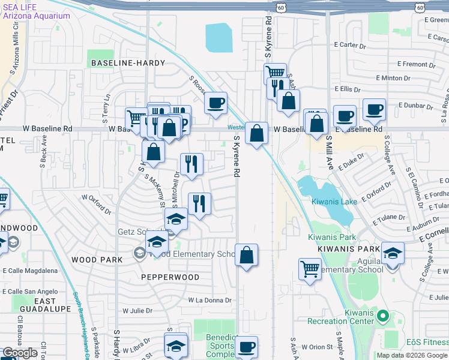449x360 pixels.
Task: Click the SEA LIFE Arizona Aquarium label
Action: (x=36, y=10)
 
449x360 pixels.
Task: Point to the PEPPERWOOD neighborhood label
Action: (x=170, y=277)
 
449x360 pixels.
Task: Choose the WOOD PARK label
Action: (x=97, y=260)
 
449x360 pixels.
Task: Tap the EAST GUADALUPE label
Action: (x=36, y=304)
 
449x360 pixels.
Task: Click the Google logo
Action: (x=20, y=353)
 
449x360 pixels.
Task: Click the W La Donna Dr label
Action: (x=209, y=300)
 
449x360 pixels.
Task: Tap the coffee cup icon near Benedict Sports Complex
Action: (x=246, y=346)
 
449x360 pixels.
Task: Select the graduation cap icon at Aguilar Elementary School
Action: (x=393, y=253)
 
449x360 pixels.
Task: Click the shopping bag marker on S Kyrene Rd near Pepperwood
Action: (x=246, y=255)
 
